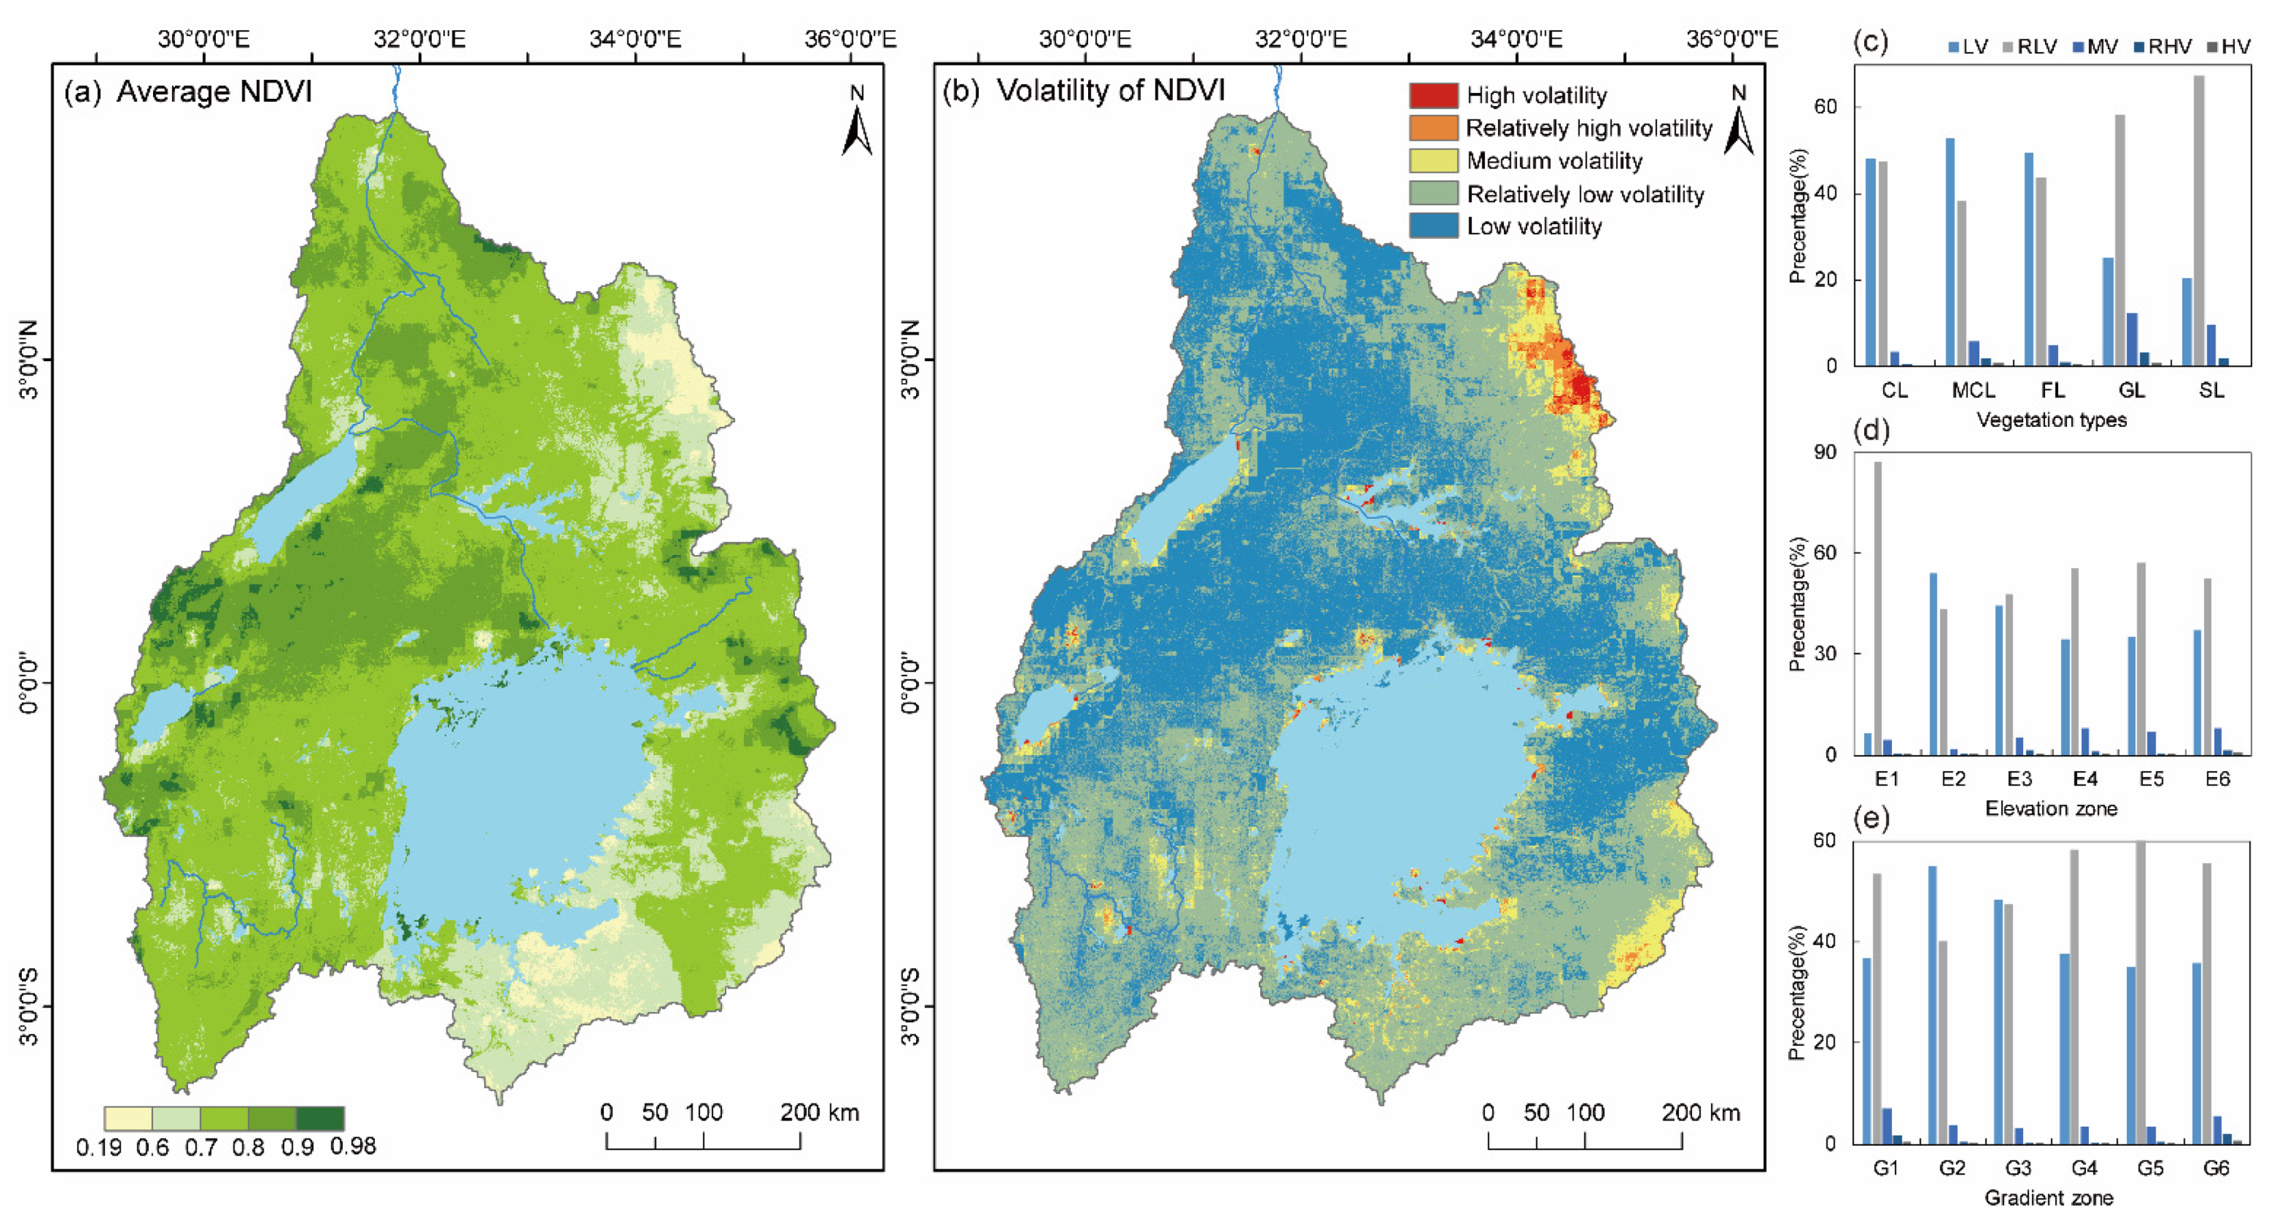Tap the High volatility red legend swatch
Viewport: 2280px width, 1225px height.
(x=1433, y=96)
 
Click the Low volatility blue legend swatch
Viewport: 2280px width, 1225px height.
(x=1433, y=226)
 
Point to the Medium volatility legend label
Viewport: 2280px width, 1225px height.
(x=1554, y=161)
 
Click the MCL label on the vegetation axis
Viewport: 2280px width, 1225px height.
(x=1973, y=391)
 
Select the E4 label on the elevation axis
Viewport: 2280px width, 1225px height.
(x=2085, y=779)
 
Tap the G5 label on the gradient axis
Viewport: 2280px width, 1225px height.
(x=2150, y=1168)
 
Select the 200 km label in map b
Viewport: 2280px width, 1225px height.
(x=1700, y=1112)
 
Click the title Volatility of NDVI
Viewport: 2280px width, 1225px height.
(x=1110, y=90)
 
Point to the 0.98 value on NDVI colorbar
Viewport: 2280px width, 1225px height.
(x=353, y=1146)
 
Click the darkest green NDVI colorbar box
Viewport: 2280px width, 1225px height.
(x=320, y=1118)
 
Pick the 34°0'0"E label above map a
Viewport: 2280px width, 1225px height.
(x=635, y=39)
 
